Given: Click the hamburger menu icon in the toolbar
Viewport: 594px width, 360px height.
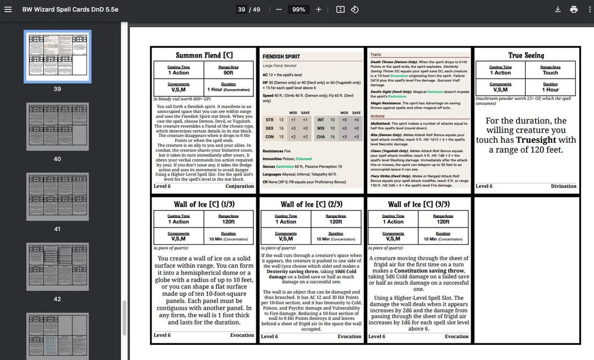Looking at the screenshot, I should pyautogui.click(x=8, y=9).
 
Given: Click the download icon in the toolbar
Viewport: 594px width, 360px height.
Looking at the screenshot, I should pyautogui.click(x=558, y=9).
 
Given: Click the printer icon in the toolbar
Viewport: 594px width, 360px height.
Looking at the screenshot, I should pyautogui.click(x=574, y=9).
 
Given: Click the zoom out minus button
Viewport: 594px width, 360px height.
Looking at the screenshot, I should pyautogui.click(x=279, y=9).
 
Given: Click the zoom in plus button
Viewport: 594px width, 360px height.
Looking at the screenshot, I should pyautogui.click(x=318, y=9).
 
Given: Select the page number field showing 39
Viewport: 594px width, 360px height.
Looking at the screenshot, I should pyautogui.click(x=241, y=9).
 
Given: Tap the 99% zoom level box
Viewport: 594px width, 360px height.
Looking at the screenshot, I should pyautogui.click(x=299, y=9).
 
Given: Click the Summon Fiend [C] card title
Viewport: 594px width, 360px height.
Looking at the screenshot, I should pyautogui.click(x=204, y=55).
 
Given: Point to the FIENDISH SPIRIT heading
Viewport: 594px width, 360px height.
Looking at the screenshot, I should pyautogui.click(x=281, y=56).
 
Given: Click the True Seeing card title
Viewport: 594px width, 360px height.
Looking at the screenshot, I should pyautogui.click(x=526, y=55).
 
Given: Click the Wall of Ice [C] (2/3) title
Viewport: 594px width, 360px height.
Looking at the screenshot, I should pyautogui.click(x=311, y=204).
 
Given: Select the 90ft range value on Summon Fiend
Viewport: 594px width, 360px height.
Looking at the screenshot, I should pyautogui.click(x=228, y=73).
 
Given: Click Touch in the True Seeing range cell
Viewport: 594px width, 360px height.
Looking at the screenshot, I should pyautogui.click(x=550, y=73).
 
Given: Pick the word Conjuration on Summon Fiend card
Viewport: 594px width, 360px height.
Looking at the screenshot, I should pyautogui.click(x=240, y=186).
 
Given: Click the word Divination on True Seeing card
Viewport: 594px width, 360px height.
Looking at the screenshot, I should pyautogui.click(x=563, y=186).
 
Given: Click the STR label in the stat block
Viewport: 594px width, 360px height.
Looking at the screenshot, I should pyautogui.click(x=269, y=120).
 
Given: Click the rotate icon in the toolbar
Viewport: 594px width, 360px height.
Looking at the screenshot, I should pyautogui.click(x=354, y=9).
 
